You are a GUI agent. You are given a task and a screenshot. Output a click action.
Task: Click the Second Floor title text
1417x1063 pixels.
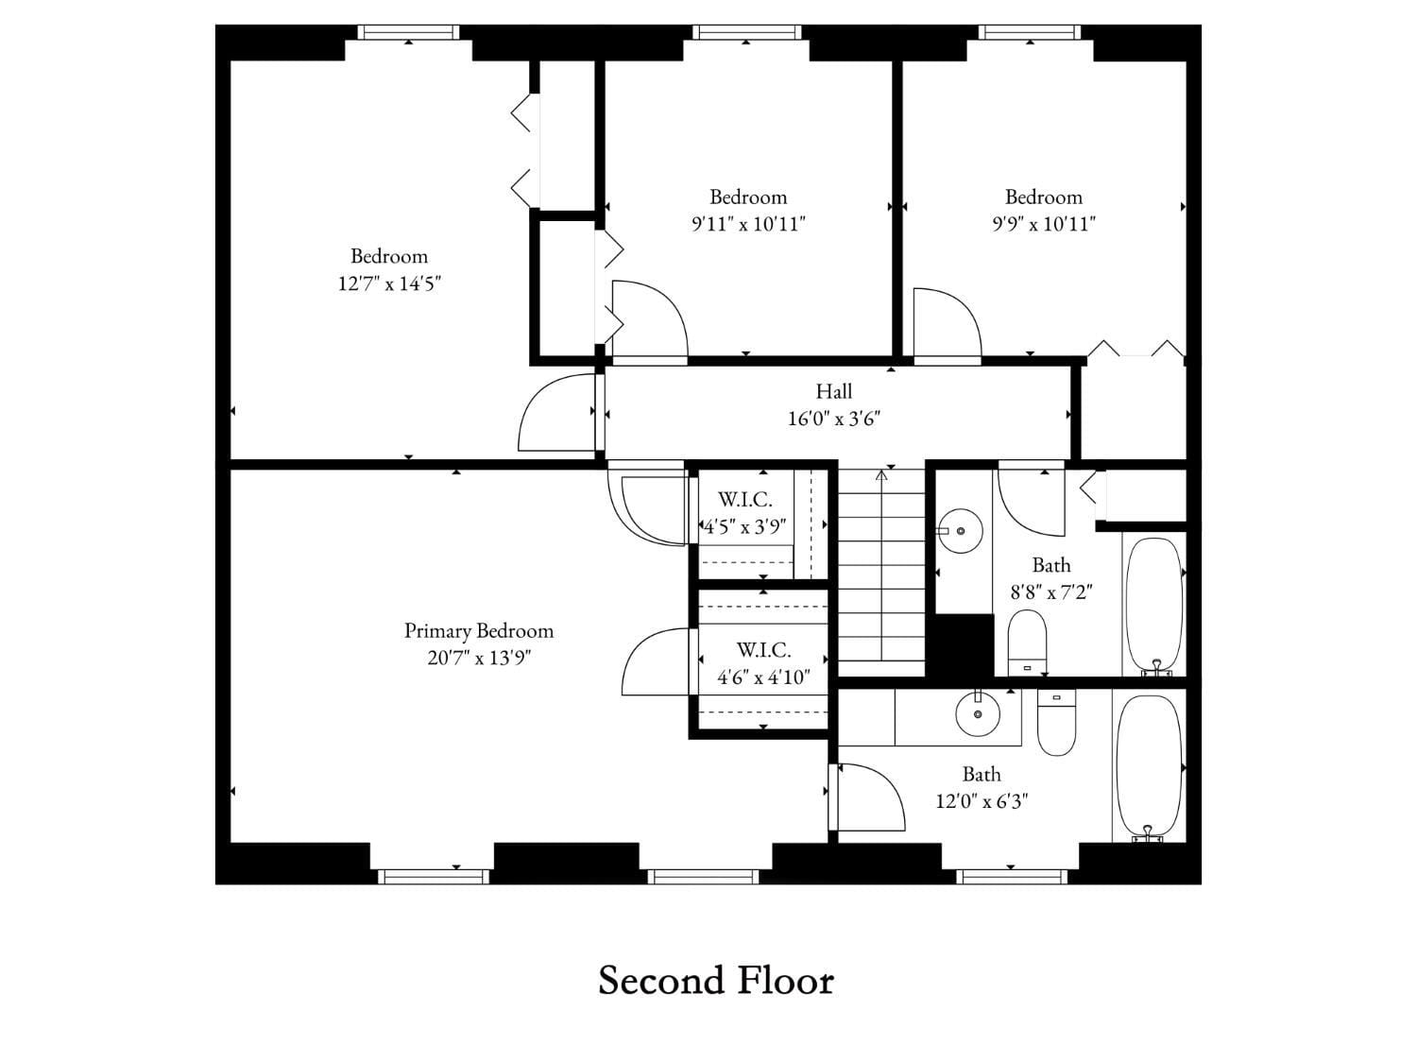[716, 981]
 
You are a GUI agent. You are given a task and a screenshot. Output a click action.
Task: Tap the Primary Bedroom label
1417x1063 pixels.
[479, 630]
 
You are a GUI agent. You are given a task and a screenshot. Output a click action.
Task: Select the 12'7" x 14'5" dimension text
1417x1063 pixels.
[389, 283]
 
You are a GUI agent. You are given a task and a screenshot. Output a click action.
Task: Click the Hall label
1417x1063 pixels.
[834, 391]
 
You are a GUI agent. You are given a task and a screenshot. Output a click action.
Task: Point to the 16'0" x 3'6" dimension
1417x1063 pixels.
[834, 419]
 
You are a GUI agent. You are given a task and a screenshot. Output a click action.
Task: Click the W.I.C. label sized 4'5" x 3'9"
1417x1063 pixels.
[744, 500]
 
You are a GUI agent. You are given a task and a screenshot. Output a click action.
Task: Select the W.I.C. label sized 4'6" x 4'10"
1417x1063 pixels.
[763, 650]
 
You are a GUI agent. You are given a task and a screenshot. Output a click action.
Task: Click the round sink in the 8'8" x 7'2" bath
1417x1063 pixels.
[961, 531]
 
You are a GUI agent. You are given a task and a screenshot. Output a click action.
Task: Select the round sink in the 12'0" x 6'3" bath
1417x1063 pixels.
[978, 713]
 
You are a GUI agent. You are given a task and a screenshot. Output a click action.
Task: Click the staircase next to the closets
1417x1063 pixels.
[881, 576]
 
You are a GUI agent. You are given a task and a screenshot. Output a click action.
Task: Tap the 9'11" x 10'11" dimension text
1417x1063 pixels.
[748, 224]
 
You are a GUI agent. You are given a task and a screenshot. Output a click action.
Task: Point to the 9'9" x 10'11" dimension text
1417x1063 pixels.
[1043, 224]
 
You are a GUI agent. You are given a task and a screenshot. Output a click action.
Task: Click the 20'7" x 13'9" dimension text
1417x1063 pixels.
[479, 658]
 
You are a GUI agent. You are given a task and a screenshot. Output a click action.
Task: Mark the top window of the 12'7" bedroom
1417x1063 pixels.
[408, 32]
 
